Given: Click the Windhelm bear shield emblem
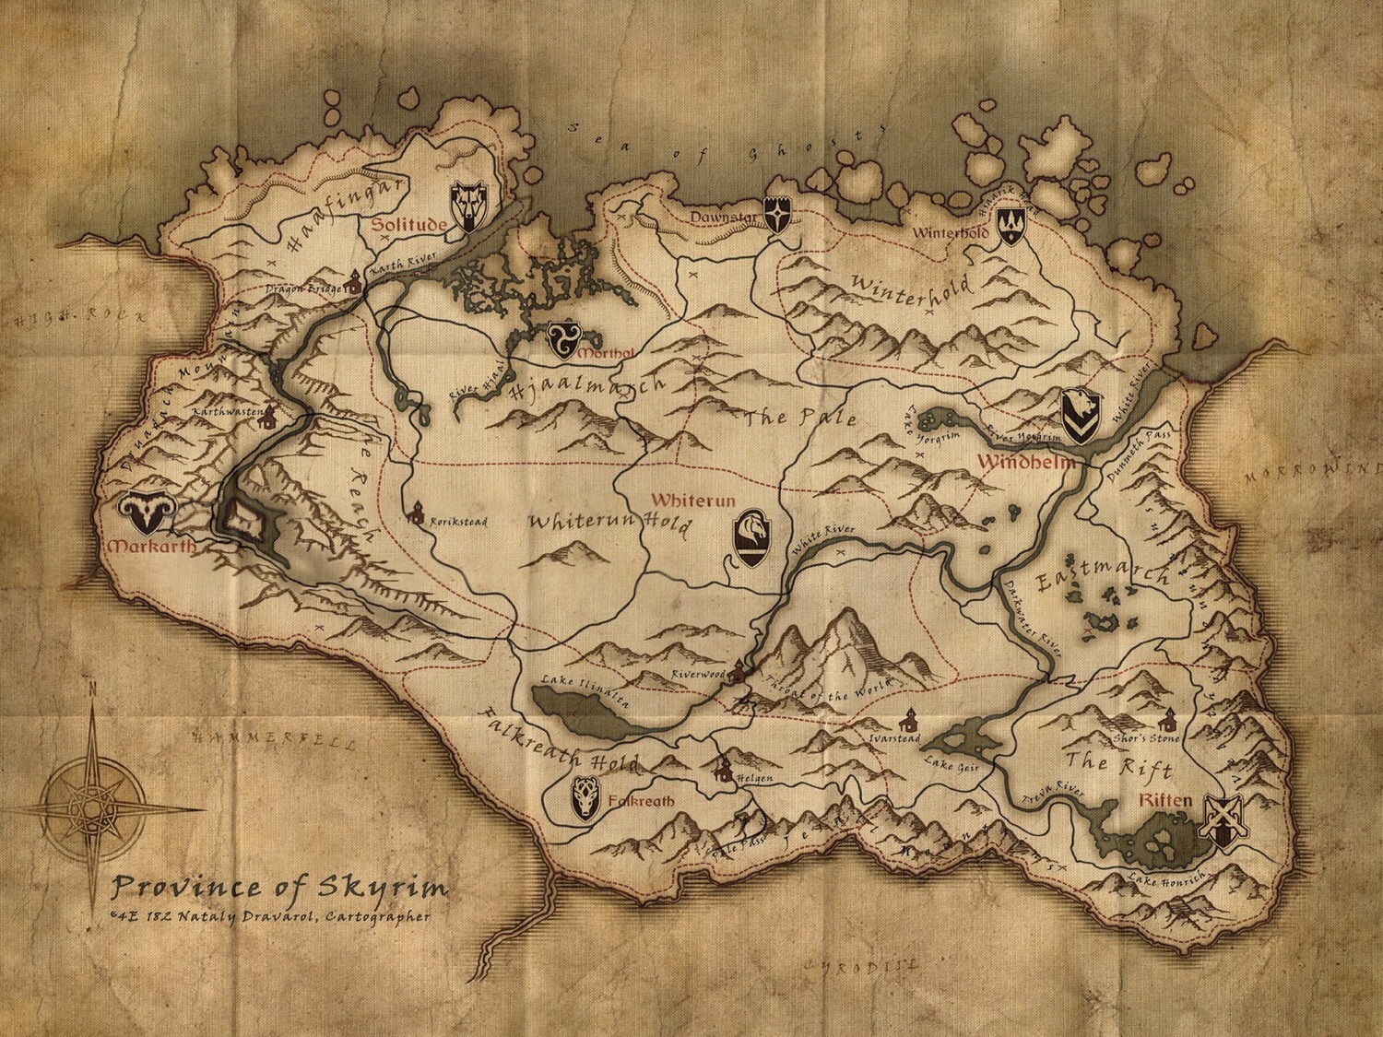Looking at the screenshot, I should pos(1078,415).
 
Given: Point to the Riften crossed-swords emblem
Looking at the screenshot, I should pos(1220,820).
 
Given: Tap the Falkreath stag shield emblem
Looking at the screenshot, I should pos(585,798).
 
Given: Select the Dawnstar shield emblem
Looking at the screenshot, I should pos(780,216).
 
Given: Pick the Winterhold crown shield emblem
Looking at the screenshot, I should pos(1011,225).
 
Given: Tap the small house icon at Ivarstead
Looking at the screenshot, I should pos(910,718).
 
